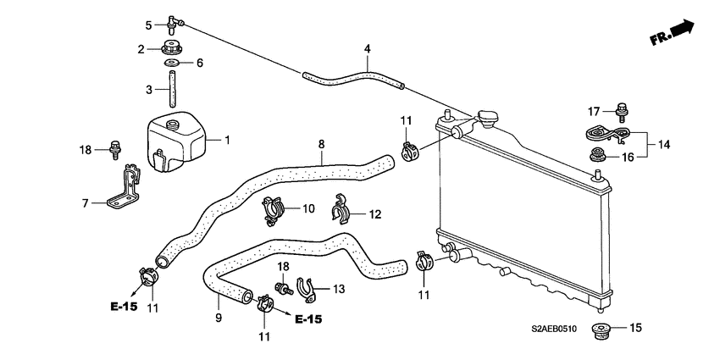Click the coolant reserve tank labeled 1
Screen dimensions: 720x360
175,141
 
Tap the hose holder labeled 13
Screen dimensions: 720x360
308,291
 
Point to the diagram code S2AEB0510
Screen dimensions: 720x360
554,329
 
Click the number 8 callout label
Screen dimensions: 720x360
321,144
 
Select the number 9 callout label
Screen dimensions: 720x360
219,317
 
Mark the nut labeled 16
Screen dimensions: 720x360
598,154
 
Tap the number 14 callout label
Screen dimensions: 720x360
664,145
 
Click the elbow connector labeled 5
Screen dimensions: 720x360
173,24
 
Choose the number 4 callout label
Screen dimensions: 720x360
368,48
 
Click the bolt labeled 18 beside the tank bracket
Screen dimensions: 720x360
114,150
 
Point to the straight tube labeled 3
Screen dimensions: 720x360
173,89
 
